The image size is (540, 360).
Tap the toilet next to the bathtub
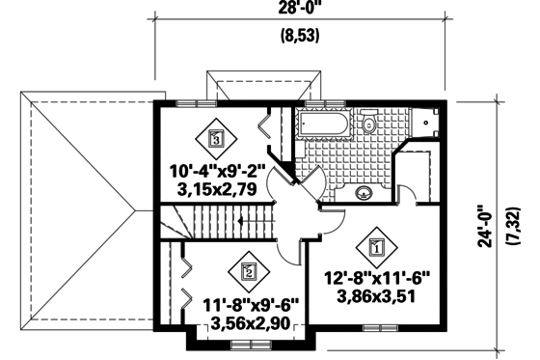(367, 124)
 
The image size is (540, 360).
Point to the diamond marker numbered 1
(377, 245)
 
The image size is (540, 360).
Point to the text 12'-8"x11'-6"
(376, 281)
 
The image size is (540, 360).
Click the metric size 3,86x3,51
(376, 298)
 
